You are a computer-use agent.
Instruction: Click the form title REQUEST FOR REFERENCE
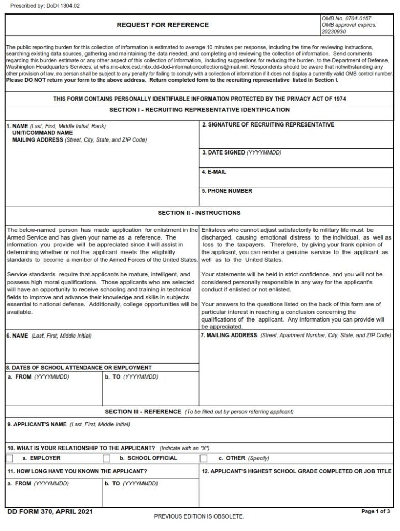[x=163, y=25]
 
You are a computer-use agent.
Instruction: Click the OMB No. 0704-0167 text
[x=346, y=18]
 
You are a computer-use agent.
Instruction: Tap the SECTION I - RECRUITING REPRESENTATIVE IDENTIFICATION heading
[x=199, y=110]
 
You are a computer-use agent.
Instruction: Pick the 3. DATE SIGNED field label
[x=241, y=153]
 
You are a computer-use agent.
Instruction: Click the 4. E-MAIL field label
[x=214, y=172]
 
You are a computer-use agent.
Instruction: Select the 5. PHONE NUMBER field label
[x=227, y=191]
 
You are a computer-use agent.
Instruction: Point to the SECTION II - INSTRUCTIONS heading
[x=199, y=213]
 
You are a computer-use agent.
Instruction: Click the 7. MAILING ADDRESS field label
[x=228, y=336]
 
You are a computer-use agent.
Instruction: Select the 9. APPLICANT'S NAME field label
[x=37, y=424]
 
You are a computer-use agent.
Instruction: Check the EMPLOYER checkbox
[x=10, y=458]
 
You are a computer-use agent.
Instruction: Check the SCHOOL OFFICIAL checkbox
[x=107, y=458]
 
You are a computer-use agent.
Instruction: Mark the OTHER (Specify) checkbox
[x=204, y=458]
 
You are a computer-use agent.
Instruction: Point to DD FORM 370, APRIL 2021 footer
[x=50, y=512]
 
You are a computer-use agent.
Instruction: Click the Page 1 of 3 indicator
[x=376, y=512]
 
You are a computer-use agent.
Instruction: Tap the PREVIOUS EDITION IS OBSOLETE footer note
[x=199, y=516]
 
